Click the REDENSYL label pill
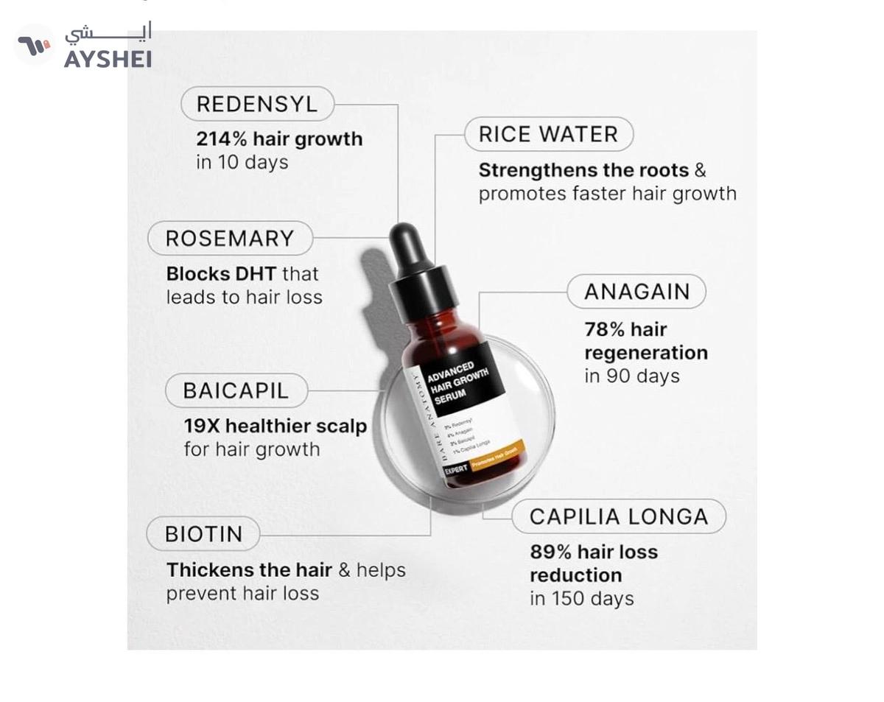click(x=257, y=104)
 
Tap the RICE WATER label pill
click(x=548, y=135)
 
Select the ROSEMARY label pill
click(x=230, y=239)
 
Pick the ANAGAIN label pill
click(x=636, y=292)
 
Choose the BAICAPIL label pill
click(x=236, y=390)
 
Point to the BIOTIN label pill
click(x=203, y=534)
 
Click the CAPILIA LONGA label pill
click(x=618, y=516)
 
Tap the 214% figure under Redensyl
click(x=222, y=139)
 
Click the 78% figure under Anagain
click(x=604, y=329)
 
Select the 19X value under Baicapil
click(x=202, y=426)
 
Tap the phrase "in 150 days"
click(x=581, y=598)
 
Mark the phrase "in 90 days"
click(x=631, y=376)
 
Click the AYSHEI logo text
click(x=108, y=58)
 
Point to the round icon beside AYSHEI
click(x=35, y=45)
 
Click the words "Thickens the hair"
click(x=249, y=570)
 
